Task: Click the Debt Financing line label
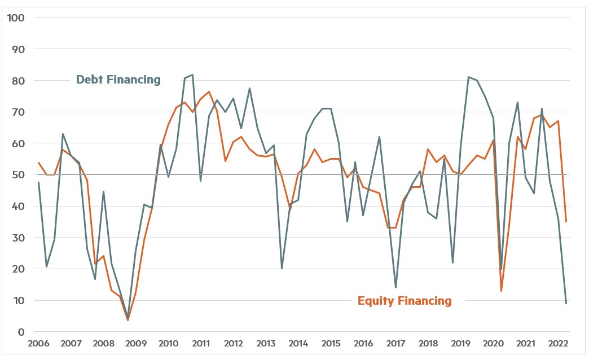click(x=118, y=80)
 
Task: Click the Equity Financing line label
click(x=405, y=301)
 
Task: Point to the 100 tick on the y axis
click(x=16, y=17)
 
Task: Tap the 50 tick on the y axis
click(x=19, y=175)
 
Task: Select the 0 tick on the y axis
click(x=21, y=332)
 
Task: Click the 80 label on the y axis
click(x=19, y=81)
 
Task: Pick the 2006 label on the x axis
click(x=38, y=344)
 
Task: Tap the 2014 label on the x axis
click(x=298, y=344)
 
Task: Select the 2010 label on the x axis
click(x=168, y=344)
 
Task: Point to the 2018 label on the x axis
click(x=428, y=344)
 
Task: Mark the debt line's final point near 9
click(x=566, y=304)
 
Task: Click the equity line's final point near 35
click(x=566, y=222)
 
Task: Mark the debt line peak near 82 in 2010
click(x=193, y=74)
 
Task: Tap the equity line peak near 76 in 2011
click(x=209, y=91)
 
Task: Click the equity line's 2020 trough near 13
click(x=501, y=291)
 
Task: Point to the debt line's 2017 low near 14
click(x=395, y=288)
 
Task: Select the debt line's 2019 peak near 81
click(x=469, y=77)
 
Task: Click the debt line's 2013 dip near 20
click(x=282, y=269)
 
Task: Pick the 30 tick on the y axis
click(x=19, y=238)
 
